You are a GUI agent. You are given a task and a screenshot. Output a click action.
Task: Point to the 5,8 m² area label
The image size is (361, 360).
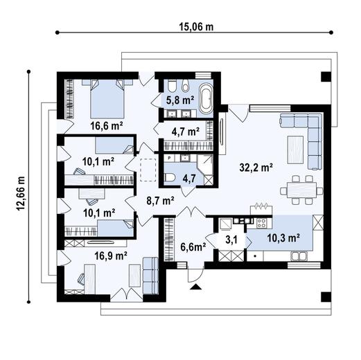(x=179, y=100)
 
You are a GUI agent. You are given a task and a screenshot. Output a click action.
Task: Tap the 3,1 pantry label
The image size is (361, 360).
(x=231, y=241)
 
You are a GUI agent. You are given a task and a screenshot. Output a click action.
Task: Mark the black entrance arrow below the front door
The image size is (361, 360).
(x=196, y=284)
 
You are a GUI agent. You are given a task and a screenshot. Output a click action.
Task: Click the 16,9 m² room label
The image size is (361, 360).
(x=109, y=255)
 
